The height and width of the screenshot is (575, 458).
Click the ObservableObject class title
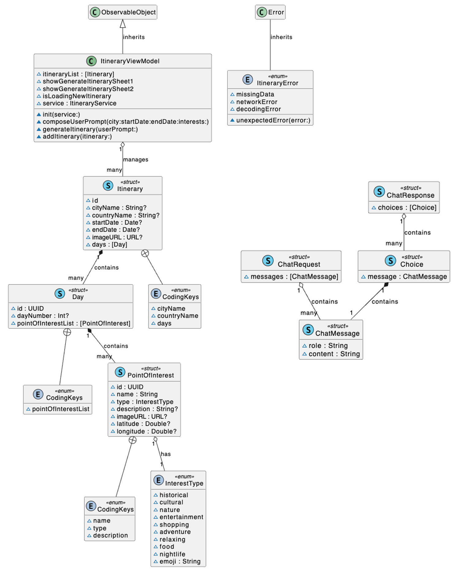tap(128, 12)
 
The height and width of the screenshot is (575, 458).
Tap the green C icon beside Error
tap(261, 12)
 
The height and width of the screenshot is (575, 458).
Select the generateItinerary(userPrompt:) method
tap(90, 129)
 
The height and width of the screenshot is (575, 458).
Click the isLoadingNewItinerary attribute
tap(77, 96)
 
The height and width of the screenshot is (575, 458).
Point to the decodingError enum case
tap(258, 109)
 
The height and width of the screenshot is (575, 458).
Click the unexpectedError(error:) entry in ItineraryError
tap(273, 120)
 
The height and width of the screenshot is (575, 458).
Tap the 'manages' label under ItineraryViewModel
tap(135, 160)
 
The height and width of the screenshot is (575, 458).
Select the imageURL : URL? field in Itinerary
tap(117, 237)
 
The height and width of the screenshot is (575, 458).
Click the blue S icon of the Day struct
tap(60, 294)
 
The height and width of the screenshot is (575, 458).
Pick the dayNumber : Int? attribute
tap(43, 316)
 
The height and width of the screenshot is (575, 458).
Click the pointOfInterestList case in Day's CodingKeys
tap(60, 409)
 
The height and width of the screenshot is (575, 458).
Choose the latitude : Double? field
tap(143, 424)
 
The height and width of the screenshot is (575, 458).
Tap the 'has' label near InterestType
tap(166, 454)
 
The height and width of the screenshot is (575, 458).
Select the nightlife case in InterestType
tap(172, 554)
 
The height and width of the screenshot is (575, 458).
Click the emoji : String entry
tap(180, 562)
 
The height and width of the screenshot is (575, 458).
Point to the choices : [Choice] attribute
tap(407, 208)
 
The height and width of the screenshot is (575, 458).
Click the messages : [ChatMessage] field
tap(294, 277)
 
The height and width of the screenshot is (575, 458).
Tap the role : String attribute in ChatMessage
tap(328, 346)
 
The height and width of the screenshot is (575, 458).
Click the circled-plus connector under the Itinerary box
tap(145, 253)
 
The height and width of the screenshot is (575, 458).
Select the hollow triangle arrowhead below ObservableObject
tap(123, 24)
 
